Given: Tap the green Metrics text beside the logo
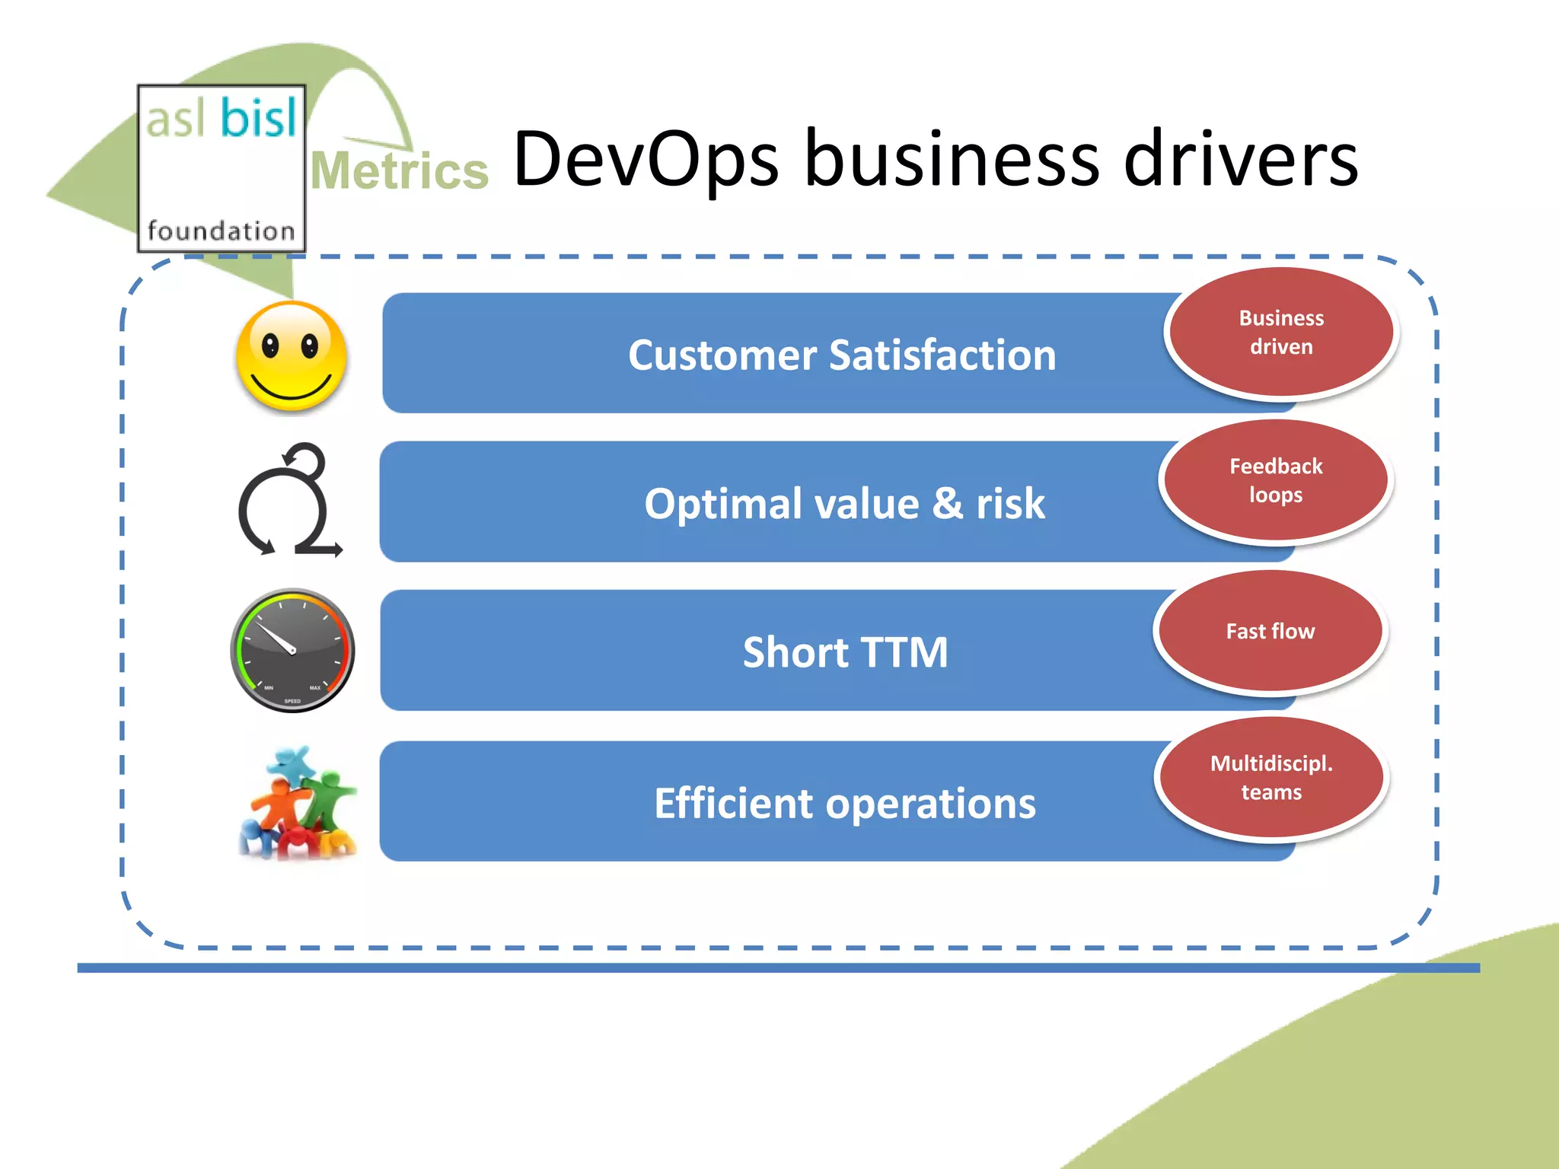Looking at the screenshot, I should [399, 170].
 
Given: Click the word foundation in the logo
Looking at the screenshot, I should [221, 231].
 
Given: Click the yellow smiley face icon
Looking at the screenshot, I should [292, 356].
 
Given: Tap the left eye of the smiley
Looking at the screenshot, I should [270, 346].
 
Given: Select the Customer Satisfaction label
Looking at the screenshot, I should [842, 355].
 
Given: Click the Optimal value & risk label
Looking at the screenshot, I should [844, 503].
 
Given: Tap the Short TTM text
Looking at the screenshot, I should [845, 652].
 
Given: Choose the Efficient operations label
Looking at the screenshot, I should [845, 803].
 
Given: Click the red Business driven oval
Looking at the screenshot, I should [1281, 333].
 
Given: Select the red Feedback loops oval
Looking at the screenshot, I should [1276, 480].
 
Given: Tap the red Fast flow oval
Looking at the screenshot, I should [1270, 631].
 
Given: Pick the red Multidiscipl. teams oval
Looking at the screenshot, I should [1271, 777].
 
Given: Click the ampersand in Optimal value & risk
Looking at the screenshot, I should [947, 503].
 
